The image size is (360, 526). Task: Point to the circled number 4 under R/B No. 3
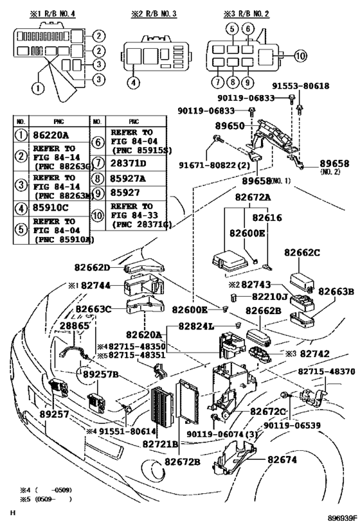[x=132, y=82]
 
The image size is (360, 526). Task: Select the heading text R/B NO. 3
[x=151, y=12]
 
